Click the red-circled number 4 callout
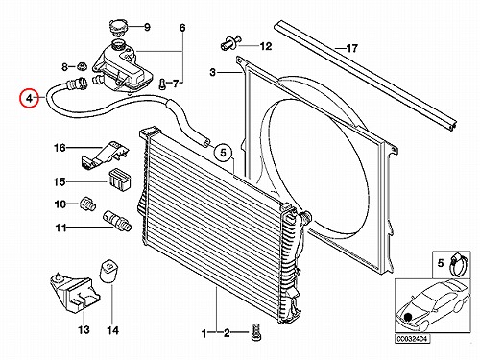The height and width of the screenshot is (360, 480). click(29, 98)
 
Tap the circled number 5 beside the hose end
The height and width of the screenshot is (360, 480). click(223, 153)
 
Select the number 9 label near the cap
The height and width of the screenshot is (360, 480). click(147, 27)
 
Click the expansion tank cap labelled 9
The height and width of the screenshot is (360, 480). click(118, 27)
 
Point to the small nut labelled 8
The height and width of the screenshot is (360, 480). click(83, 67)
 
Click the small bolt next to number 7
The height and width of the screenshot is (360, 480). click(163, 84)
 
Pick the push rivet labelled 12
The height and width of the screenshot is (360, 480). click(229, 44)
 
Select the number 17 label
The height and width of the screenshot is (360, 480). click(351, 49)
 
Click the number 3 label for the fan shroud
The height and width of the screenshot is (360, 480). click(213, 72)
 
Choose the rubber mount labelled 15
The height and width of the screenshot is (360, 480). click(119, 180)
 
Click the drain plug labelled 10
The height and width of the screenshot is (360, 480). click(87, 204)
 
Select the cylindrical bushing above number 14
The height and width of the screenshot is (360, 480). click(109, 272)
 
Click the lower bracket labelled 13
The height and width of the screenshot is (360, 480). click(74, 293)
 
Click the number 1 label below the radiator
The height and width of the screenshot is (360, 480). click(204, 333)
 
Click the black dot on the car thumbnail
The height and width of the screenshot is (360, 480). click(408, 317)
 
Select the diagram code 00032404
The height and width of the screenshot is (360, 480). click(413, 339)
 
